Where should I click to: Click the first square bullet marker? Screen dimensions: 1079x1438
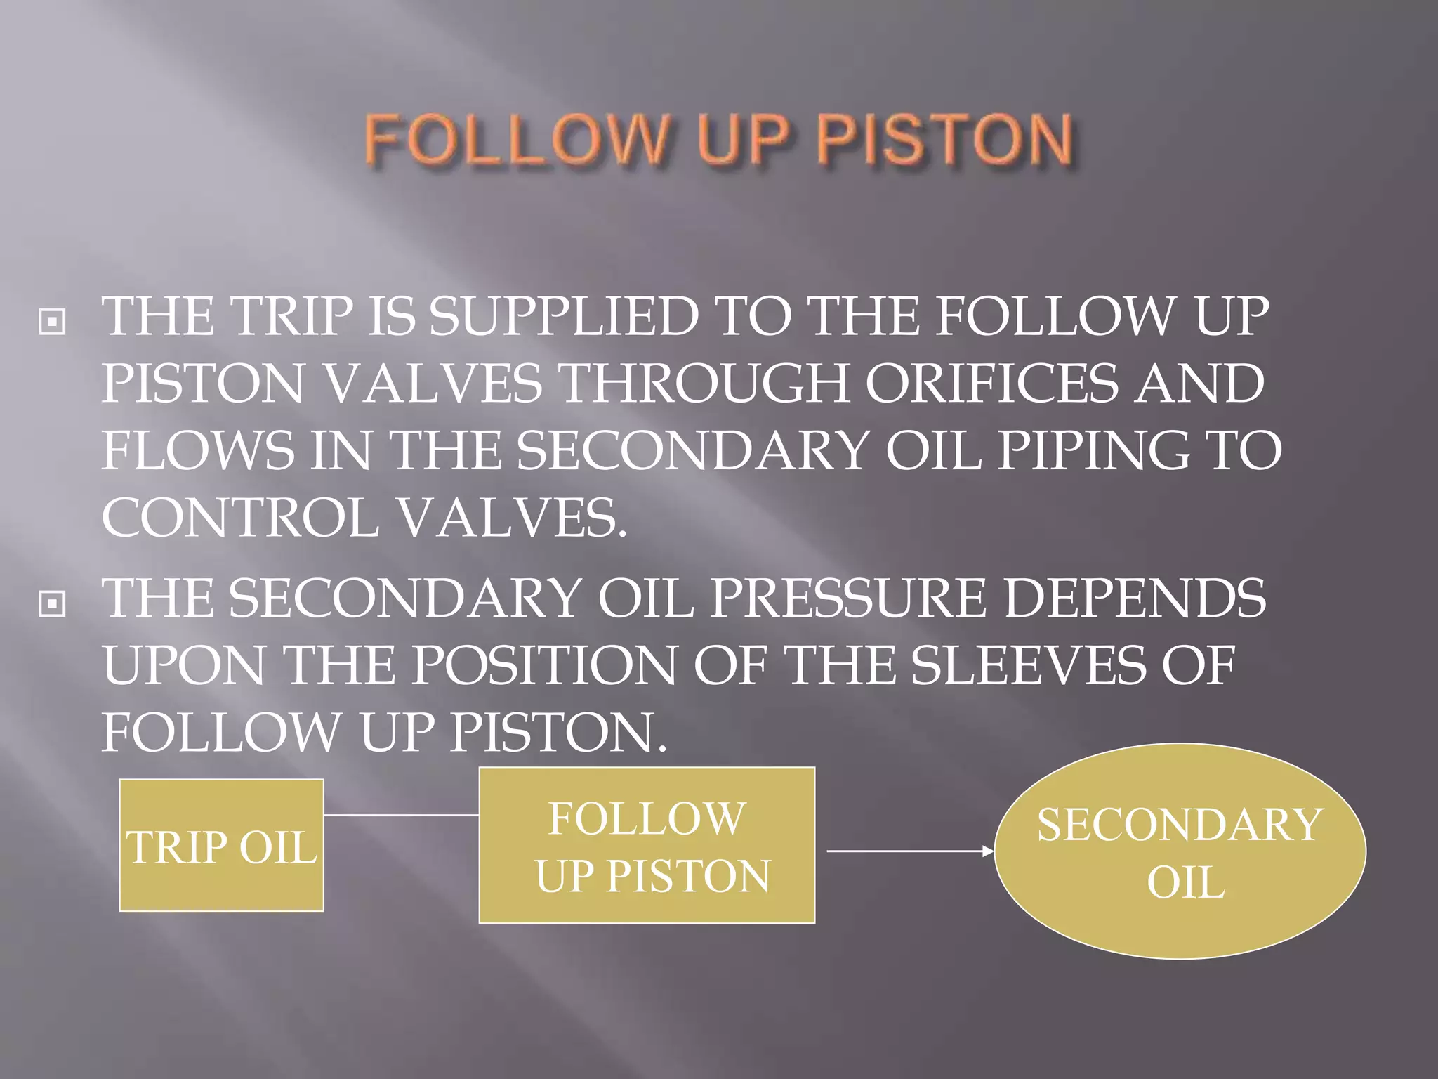pyautogui.click(x=52, y=322)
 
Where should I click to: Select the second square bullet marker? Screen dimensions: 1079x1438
pyautogui.click(x=52, y=603)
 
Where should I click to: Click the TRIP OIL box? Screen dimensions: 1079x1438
pyautogui.click(x=221, y=845)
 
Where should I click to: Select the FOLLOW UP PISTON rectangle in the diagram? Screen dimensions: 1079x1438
pyautogui.click(x=647, y=845)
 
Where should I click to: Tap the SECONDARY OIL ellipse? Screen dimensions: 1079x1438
pyautogui.click(x=1180, y=851)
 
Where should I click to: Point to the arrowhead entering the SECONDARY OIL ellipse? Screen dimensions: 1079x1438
pyautogui.click(x=989, y=851)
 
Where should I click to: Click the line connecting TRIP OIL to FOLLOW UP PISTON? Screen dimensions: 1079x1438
pyautogui.click(x=401, y=816)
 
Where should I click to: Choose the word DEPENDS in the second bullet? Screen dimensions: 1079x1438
pyautogui.click(x=1135, y=598)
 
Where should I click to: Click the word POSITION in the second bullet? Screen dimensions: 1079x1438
pyautogui.click(x=543, y=665)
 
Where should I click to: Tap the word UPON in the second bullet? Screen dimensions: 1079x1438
pyautogui.click(x=184, y=665)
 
